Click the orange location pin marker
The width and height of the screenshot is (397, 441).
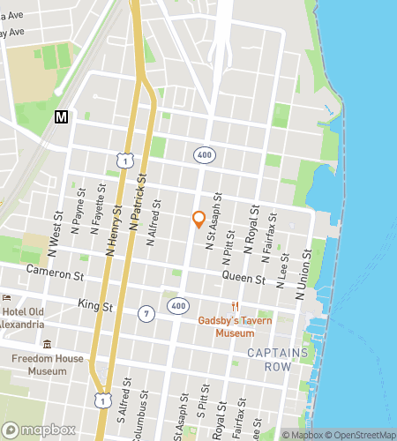[x=199, y=220]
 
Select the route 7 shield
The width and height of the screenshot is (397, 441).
[x=146, y=313]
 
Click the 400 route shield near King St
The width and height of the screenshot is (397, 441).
[x=179, y=305]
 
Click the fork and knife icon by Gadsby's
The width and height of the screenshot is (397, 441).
[x=235, y=306]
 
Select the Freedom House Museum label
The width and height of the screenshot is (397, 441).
[x=48, y=364]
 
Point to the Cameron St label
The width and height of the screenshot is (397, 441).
[x=55, y=272]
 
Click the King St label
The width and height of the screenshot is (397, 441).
[x=96, y=305]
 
